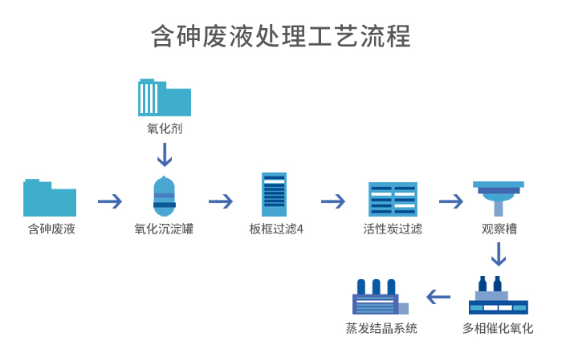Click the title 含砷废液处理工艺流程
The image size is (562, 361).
pos(281,37)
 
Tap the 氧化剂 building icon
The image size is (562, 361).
pos(165,98)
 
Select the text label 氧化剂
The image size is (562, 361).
pos(165,128)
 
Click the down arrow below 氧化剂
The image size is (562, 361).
pos(165,153)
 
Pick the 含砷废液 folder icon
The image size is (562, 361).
pos(50,198)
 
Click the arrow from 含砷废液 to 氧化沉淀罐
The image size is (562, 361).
pos(109,201)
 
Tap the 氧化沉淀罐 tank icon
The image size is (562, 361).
pos(164,197)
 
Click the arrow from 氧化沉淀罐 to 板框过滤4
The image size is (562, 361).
pos(220,201)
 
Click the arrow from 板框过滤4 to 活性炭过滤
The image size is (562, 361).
pos(332,201)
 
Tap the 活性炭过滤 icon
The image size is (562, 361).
pos(393,199)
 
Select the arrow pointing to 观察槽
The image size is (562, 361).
pos(450,201)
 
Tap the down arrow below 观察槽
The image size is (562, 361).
pos(499,254)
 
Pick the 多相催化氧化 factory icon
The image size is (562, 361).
pos(498,296)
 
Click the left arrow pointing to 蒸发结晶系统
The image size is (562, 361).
pos(438,297)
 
